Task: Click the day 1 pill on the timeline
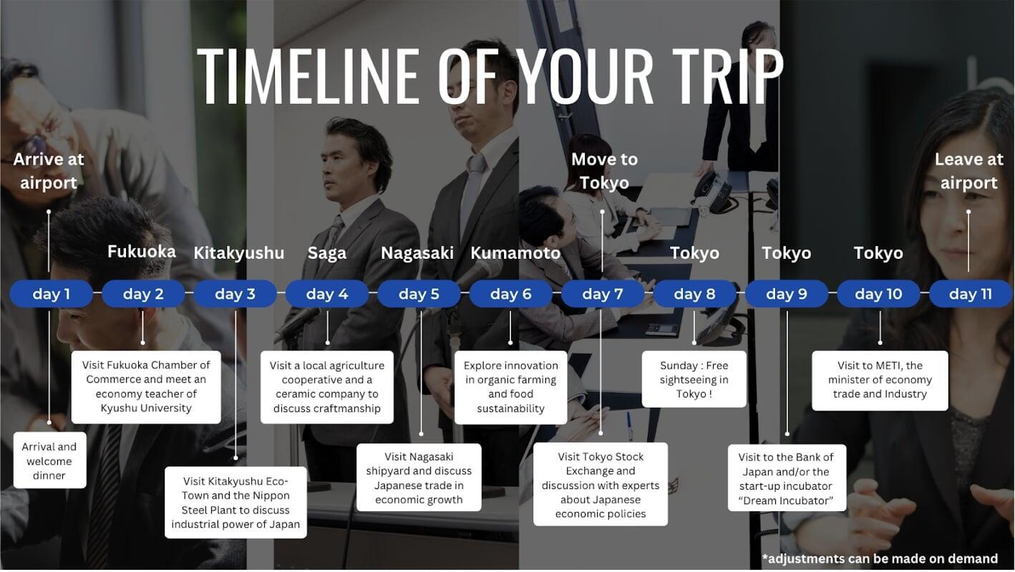[x=52, y=294]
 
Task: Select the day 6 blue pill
[x=510, y=294]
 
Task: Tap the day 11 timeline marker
[x=970, y=294]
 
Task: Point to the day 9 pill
[x=787, y=294]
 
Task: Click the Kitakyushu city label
[x=239, y=253]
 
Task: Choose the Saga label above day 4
[x=326, y=253]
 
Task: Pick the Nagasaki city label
[x=417, y=253]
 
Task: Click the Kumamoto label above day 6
[x=515, y=253]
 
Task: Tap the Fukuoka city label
[x=142, y=251]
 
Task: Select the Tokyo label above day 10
[x=878, y=253]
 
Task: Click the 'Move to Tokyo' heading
[x=604, y=171]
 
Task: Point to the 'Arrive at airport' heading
[x=49, y=171]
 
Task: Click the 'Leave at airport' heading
[x=968, y=171]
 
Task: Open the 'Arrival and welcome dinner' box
[x=50, y=460]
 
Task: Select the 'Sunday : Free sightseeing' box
[x=694, y=379]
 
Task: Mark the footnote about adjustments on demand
[x=880, y=558]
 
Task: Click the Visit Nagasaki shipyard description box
[x=419, y=478]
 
